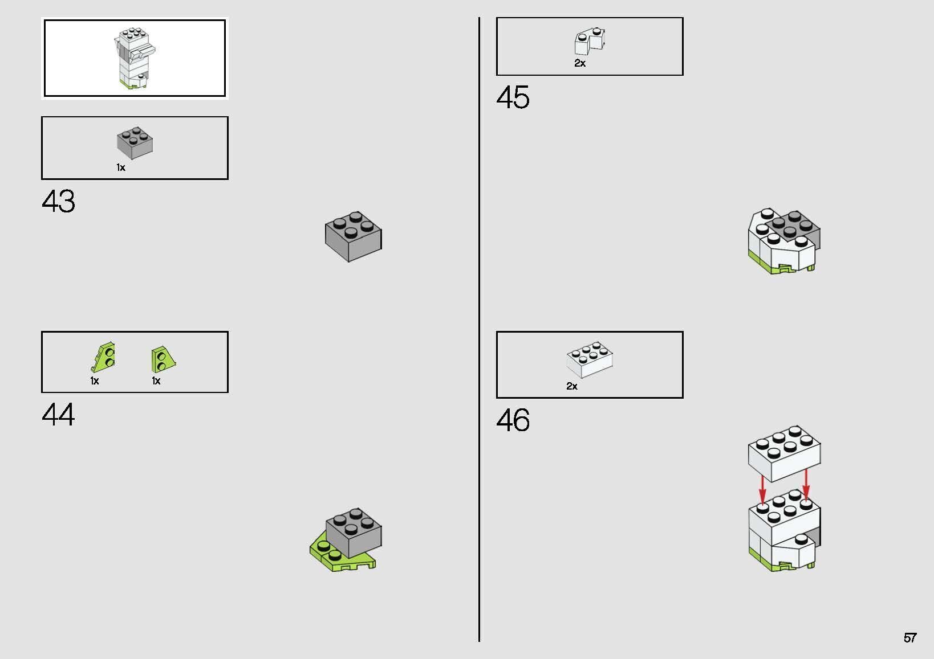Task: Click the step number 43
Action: [x=58, y=202]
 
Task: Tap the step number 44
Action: [x=58, y=415]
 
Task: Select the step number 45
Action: [x=513, y=97]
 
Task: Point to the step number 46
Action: [x=513, y=420]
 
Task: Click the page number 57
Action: [x=910, y=638]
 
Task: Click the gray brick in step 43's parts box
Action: [x=135, y=143]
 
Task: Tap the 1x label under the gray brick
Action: [x=120, y=167]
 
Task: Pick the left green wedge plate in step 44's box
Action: [x=103, y=357]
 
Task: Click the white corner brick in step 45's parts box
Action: [x=590, y=41]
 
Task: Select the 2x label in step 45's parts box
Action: [x=579, y=63]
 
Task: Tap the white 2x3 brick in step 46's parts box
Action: [x=590, y=359]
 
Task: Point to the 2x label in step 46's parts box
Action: [x=572, y=386]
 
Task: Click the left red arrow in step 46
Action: [x=762, y=490]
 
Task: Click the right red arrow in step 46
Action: [x=806, y=485]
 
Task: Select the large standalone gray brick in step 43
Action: [x=353, y=236]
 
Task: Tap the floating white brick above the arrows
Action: [x=784, y=453]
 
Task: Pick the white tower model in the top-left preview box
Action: [x=134, y=58]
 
